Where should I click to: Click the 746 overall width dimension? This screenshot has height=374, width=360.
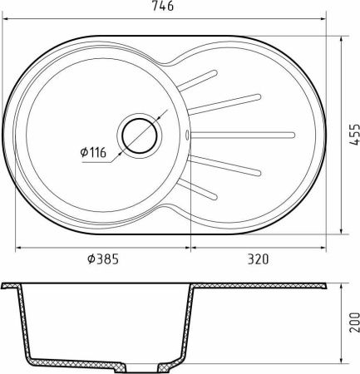point(163,6)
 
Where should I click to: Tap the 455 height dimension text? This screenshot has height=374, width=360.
point(354,135)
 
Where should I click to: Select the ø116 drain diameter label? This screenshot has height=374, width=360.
point(93,152)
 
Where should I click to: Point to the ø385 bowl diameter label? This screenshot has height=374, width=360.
point(103,259)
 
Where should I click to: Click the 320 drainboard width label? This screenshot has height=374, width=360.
point(258,259)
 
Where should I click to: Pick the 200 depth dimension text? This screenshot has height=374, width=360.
point(354,322)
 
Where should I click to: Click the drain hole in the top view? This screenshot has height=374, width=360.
point(140,135)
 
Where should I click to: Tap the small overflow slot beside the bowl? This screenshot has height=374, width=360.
point(187,135)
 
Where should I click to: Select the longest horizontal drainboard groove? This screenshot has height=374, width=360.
point(243,135)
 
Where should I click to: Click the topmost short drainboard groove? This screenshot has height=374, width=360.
point(197,81)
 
